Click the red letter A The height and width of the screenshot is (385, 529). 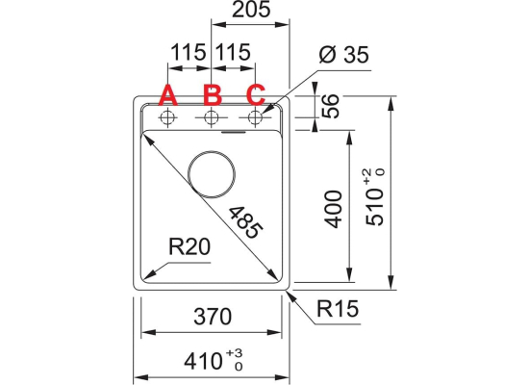168,95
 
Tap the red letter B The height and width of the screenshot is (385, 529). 213,94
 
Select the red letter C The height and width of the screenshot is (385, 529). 256,95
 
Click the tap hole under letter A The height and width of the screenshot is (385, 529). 167,117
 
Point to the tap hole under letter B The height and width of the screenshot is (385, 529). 212,117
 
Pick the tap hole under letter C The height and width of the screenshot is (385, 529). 255,117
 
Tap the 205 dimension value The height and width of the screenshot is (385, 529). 251,10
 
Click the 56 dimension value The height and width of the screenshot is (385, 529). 330,106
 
